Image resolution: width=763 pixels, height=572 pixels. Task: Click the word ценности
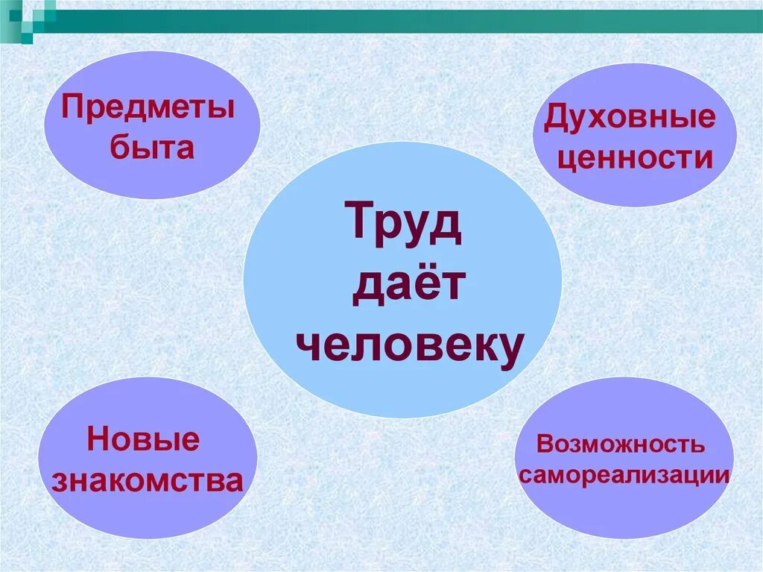[635, 159]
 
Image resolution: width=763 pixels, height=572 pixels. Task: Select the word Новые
[144, 439]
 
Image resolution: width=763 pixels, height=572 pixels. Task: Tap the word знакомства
[148, 481]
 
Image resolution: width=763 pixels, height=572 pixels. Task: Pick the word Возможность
[620, 444]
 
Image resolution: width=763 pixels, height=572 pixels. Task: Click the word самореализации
[624, 475]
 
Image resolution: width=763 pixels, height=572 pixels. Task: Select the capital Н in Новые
[97, 439]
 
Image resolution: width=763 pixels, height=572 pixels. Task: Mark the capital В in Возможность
[544, 444]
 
